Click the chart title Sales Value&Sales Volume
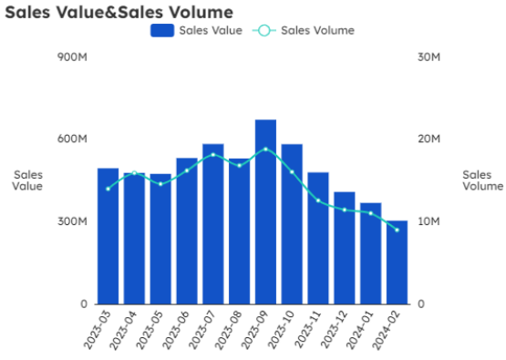(x=119, y=12)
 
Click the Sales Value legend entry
(x=197, y=30)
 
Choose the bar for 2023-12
(x=344, y=247)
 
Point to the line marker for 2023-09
(x=265, y=149)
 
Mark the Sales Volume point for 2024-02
(x=397, y=230)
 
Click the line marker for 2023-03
(x=108, y=189)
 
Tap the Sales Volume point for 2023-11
(x=318, y=201)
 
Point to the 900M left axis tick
(x=72, y=57)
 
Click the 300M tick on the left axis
(x=72, y=221)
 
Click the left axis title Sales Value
(x=27, y=180)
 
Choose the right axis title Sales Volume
(x=482, y=180)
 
